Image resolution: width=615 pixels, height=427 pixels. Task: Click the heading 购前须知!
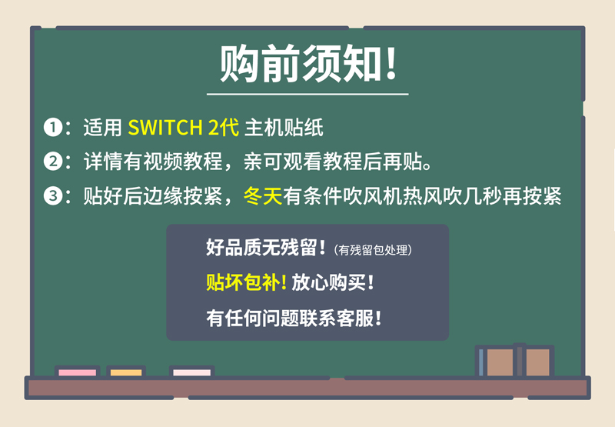pyautogui.click(x=308, y=64)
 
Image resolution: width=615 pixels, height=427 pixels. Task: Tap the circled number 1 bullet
pyautogui.click(x=53, y=128)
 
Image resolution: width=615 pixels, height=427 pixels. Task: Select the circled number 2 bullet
pyautogui.click(x=53, y=162)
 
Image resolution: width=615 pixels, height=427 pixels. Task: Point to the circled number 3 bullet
pyautogui.click(x=53, y=195)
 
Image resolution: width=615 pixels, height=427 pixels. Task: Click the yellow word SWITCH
pyautogui.click(x=165, y=128)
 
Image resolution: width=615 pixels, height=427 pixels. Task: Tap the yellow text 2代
pyautogui.click(x=224, y=128)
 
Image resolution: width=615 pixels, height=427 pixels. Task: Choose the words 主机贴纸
pyautogui.click(x=284, y=128)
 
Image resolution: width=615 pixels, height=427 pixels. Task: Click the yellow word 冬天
pyautogui.click(x=263, y=195)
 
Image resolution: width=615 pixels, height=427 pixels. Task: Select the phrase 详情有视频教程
pyautogui.click(x=153, y=162)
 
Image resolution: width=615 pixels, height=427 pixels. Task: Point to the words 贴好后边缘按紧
pyautogui.click(x=153, y=195)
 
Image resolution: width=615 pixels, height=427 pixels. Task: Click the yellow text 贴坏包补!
pyautogui.click(x=246, y=282)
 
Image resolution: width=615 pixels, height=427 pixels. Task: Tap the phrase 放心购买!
pyautogui.click(x=333, y=282)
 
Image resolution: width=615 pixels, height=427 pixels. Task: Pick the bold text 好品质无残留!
pyautogui.click(x=266, y=248)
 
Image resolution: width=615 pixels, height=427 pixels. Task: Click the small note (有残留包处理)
pyautogui.click(x=373, y=249)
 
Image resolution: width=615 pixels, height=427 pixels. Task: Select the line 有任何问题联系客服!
pyautogui.click(x=294, y=318)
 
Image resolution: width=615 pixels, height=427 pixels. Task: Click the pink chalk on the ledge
pyautogui.click(x=78, y=372)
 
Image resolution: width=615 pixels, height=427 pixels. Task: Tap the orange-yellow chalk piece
pyautogui.click(x=126, y=372)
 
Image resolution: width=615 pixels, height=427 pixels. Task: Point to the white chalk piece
pyautogui.click(x=191, y=372)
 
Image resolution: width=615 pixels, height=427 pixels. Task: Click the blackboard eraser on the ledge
pyautogui.click(x=514, y=361)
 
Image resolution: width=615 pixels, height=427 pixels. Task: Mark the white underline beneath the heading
pyautogui.click(x=307, y=94)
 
